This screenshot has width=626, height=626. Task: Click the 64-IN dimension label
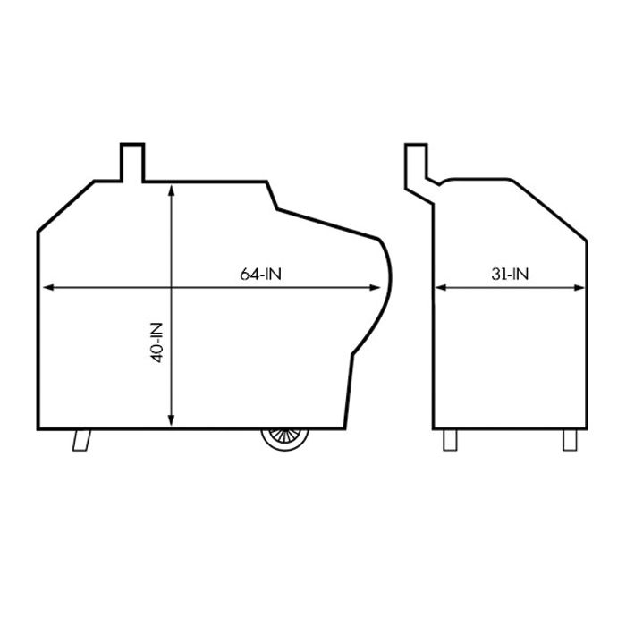click(x=260, y=275)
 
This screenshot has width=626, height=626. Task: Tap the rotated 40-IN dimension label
click(x=157, y=342)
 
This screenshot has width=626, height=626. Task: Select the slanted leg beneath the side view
click(x=83, y=439)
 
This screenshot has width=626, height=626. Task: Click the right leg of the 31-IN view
click(x=570, y=440)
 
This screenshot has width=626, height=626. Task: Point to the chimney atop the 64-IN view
click(x=132, y=162)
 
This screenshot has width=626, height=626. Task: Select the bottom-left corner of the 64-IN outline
click(x=38, y=427)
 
